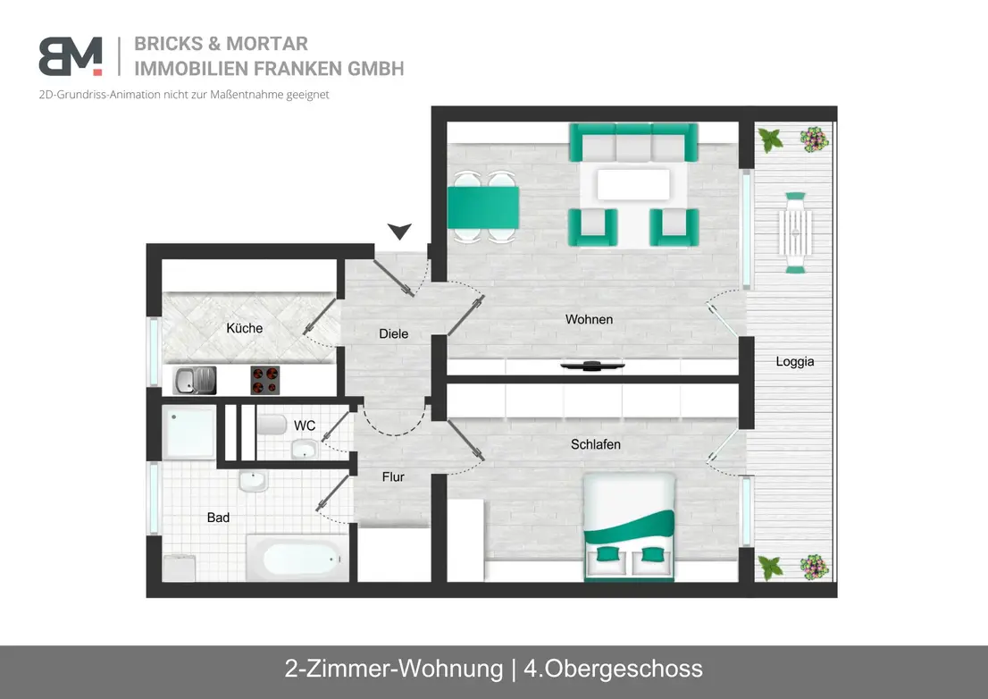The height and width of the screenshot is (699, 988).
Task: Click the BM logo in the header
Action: (x=70, y=56)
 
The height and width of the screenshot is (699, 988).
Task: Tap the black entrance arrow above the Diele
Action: (x=399, y=231)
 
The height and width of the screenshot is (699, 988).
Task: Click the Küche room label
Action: (x=245, y=328)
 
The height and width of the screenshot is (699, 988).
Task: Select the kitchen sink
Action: (x=195, y=380)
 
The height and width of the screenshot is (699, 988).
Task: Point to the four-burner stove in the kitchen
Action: (x=264, y=380)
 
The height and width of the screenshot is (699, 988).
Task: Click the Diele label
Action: (x=393, y=333)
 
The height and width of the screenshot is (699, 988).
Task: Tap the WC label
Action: (x=305, y=425)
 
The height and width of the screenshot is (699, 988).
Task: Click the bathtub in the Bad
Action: (x=298, y=558)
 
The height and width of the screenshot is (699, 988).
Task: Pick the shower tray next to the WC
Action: (x=189, y=433)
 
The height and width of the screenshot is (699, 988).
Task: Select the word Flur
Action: (x=393, y=477)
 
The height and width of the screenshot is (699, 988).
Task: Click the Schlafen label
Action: (x=596, y=444)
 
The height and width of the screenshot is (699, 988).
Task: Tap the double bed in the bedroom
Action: (x=629, y=526)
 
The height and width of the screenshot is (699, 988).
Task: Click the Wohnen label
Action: (x=590, y=320)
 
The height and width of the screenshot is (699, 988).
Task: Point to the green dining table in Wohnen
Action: (x=483, y=207)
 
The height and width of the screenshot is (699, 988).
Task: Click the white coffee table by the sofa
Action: (x=633, y=185)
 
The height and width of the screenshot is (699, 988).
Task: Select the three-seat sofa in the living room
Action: (x=633, y=142)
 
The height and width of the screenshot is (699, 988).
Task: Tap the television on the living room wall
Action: (x=592, y=365)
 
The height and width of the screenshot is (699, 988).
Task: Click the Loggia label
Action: (x=794, y=362)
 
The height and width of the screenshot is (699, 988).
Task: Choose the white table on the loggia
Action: (x=795, y=232)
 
